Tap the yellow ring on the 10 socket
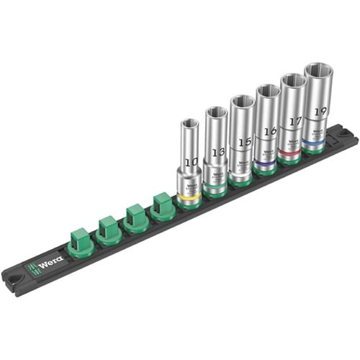pyautogui.click(x=189, y=196)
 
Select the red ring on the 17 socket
pyautogui.click(x=291, y=153)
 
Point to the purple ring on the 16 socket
pyautogui.click(x=266, y=163)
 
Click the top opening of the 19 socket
pyautogui.click(x=318, y=71)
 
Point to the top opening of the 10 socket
pyautogui.click(x=190, y=122)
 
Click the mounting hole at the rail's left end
pyautogui.click(x=13, y=278)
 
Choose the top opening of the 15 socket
pyautogui.click(x=242, y=102)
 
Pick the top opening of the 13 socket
pyautogui.click(x=216, y=112)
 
